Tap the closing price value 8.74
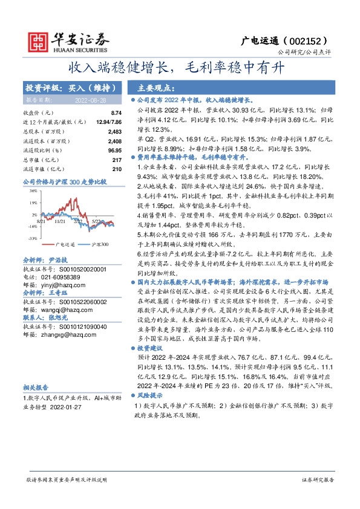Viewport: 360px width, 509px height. [x=116, y=113]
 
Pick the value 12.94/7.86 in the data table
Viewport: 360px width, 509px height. [x=108, y=122]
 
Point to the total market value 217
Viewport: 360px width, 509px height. [x=117, y=160]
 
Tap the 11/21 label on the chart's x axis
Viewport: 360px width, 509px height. [x=60, y=222]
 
